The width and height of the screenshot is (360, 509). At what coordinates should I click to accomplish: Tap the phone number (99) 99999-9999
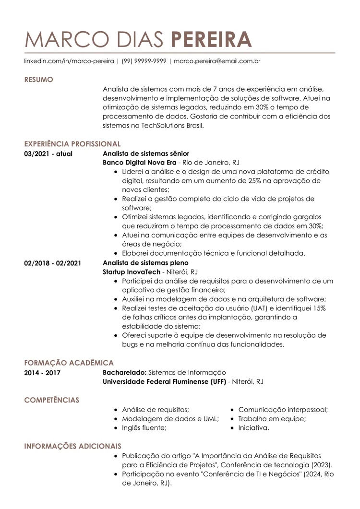144,61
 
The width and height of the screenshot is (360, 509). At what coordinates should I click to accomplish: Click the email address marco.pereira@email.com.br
217,61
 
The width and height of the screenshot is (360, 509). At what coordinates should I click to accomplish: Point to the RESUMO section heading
38,80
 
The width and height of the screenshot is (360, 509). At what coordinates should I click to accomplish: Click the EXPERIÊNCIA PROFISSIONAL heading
72,144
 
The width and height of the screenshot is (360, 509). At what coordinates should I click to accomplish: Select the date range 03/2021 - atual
48,154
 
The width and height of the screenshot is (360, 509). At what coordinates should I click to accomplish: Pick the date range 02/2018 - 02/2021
52,263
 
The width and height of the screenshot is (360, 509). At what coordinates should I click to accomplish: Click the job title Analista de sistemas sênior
146,154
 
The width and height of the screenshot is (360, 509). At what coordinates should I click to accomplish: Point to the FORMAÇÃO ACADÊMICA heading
69,363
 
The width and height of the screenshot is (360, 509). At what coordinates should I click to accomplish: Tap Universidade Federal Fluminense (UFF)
164,381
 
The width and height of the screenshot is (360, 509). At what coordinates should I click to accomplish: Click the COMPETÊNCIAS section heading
52,400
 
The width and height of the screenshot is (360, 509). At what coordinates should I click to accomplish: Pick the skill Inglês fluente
144,428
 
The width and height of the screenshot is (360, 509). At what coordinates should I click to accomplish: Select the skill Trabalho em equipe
272,419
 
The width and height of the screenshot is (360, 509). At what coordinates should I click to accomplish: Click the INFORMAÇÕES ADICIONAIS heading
72,446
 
